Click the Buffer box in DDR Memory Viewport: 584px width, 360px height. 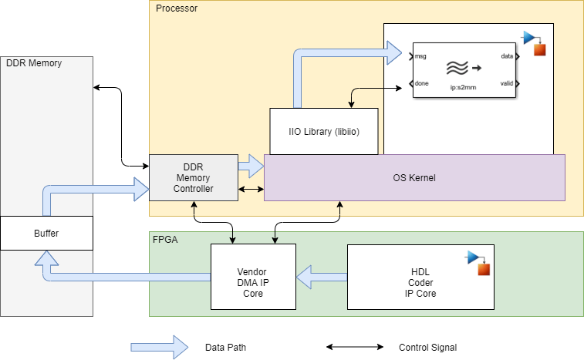click(x=46, y=233)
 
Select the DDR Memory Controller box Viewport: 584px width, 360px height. click(x=193, y=178)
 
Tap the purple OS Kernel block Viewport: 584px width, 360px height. click(x=414, y=178)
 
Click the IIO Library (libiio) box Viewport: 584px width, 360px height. click(x=323, y=131)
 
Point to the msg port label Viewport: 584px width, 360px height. click(x=421, y=56)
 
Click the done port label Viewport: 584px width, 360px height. click(x=422, y=83)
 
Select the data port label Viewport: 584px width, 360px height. click(x=507, y=56)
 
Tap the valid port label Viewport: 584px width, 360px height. click(x=506, y=83)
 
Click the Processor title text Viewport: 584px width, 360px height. click(x=176, y=8)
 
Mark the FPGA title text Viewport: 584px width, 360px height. click(x=165, y=240)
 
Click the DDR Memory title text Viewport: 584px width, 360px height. click(x=34, y=63)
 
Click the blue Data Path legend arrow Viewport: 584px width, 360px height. click(x=159, y=347)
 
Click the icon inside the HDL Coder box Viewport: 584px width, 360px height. click(x=479, y=263)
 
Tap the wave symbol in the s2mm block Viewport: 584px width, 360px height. click(x=456, y=68)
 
